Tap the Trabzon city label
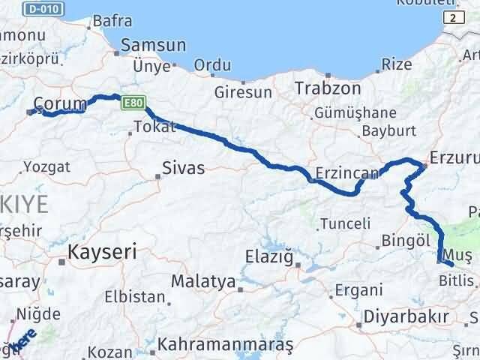(328, 88)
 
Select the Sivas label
(184, 168)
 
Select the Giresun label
(242, 93)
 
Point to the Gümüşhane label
(355, 112)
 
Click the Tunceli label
(345, 223)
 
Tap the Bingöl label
(404, 241)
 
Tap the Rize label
(397, 64)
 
